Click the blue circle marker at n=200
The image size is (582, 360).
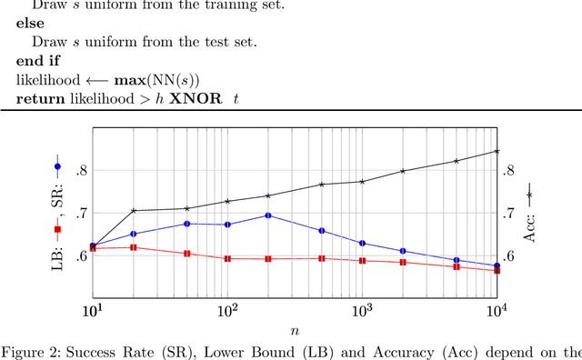(x=267, y=215)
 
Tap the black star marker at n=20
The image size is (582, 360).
(x=134, y=211)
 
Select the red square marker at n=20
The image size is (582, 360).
(x=134, y=247)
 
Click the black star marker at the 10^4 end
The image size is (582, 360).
(x=497, y=151)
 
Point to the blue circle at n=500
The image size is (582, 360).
(x=322, y=231)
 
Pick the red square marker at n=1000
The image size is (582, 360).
(x=362, y=261)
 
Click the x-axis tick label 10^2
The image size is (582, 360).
(x=227, y=311)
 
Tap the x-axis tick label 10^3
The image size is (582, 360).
(x=362, y=311)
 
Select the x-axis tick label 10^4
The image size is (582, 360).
(x=497, y=311)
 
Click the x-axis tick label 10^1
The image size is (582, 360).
(x=93, y=311)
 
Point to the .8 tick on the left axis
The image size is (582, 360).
(x=81, y=170)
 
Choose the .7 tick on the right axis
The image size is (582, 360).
(x=510, y=213)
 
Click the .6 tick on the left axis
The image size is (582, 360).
(x=81, y=255)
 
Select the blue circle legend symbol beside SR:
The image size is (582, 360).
(x=57, y=166)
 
